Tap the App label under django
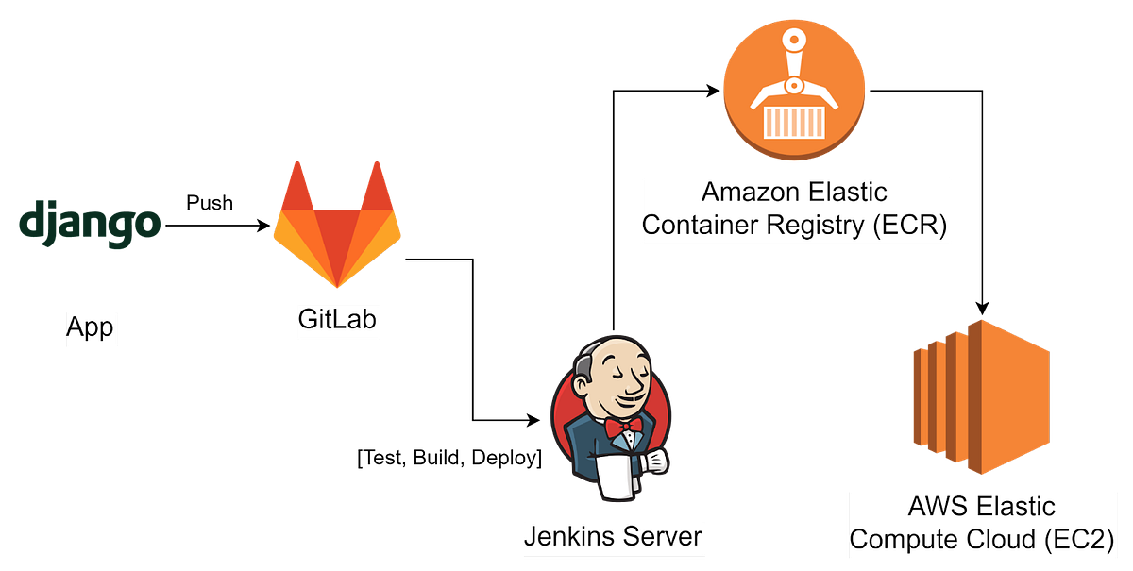(x=91, y=327)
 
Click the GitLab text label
(x=337, y=319)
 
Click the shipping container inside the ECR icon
(x=794, y=122)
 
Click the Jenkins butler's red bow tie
(x=623, y=428)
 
